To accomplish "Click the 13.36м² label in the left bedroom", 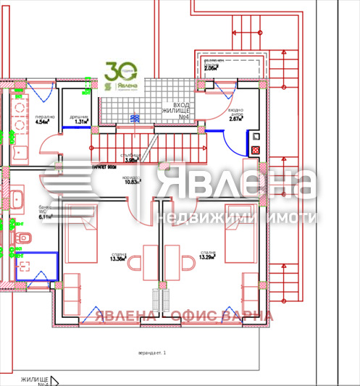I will [x=117, y=256].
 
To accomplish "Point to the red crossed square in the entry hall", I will [x=255, y=150].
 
